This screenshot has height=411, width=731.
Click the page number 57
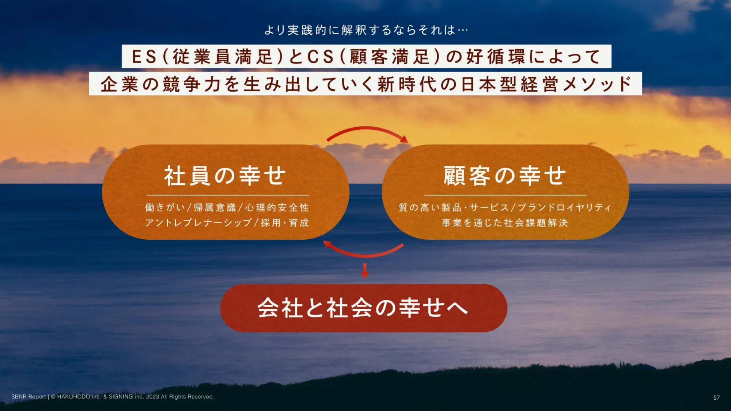click(x=716, y=397)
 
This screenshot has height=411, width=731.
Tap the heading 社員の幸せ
click(x=225, y=176)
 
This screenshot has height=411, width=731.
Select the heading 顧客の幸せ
click(x=505, y=176)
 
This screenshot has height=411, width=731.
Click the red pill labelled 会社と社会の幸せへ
click(x=364, y=308)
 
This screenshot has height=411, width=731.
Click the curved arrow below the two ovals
click(x=364, y=255)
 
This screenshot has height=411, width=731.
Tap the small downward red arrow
click(x=365, y=271)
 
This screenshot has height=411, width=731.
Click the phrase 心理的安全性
click(x=277, y=208)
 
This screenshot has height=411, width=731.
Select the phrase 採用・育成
click(x=285, y=223)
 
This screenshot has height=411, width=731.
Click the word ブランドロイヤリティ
click(x=564, y=208)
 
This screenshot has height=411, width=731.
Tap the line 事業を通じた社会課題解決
click(x=505, y=223)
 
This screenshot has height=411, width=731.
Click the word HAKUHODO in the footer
click(x=73, y=397)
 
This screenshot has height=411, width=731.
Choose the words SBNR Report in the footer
click(x=29, y=397)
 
